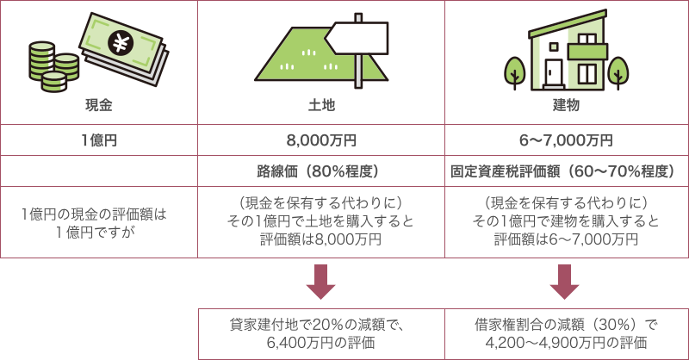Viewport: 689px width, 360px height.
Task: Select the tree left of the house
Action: [x=515, y=71]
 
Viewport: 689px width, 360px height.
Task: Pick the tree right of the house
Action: [x=618, y=71]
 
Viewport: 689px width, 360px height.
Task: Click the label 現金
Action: [x=99, y=106]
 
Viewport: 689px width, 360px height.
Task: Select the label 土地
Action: [x=321, y=106]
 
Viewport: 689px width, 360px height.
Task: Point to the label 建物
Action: [x=566, y=106]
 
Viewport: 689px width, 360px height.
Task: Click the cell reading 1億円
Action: [x=99, y=140]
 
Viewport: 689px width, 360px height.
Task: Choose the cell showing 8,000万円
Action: [x=321, y=140]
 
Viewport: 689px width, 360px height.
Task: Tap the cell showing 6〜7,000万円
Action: [x=566, y=140]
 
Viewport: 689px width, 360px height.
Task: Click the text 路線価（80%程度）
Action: [x=321, y=171]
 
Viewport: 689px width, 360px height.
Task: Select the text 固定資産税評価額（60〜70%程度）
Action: [x=566, y=171]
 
